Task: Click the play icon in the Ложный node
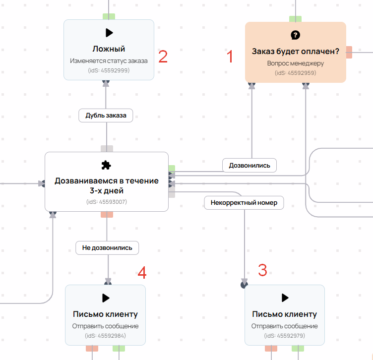(x=109, y=33)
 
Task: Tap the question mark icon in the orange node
(x=295, y=35)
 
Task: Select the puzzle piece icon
(x=106, y=165)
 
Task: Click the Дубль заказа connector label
(x=106, y=116)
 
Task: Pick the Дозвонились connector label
(x=249, y=166)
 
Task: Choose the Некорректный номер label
(x=244, y=203)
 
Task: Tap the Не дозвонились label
(x=107, y=248)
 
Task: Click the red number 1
(x=230, y=57)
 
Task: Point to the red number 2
(x=163, y=57)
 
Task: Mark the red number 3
(x=262, y=270)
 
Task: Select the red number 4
(x=142, y=273)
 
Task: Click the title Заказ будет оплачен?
(x=296, y=52)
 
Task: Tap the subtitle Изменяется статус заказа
(x=109, y=61)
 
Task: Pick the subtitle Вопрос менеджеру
(x=296, y=63)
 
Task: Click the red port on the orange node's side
(x=349, y=52)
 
